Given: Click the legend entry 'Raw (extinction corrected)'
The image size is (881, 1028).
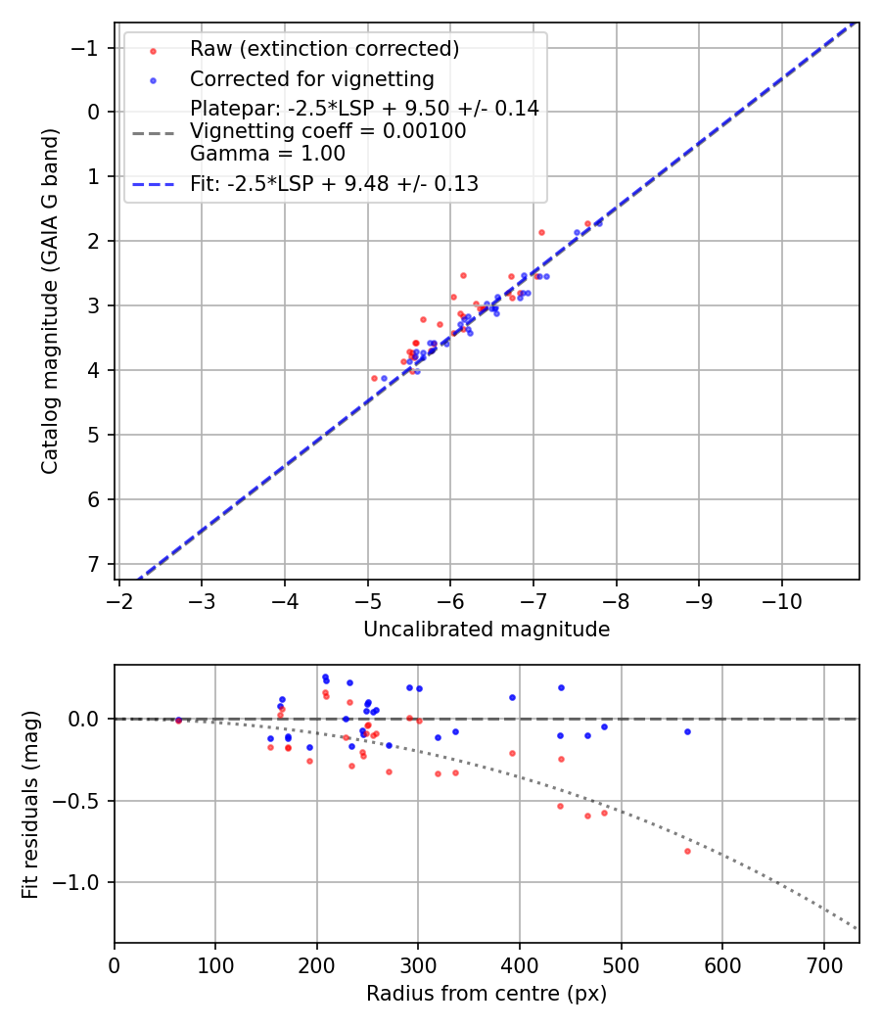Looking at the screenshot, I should coord(324,49).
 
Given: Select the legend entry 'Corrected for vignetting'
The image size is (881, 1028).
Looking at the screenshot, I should coord(311,78).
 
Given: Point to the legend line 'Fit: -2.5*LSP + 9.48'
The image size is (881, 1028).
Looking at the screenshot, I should coord(334,184).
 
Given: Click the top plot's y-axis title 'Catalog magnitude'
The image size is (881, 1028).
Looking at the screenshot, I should coord(50,301).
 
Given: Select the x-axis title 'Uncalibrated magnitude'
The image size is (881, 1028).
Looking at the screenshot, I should coord(487,630).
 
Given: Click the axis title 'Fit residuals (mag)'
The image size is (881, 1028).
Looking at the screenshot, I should coord(30,804).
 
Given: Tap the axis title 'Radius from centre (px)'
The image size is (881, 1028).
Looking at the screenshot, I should coord(487,994).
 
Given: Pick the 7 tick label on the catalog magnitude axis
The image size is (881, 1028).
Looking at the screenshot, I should coord(95,564).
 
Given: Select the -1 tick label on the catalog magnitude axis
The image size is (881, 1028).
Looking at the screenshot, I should coord(89,48).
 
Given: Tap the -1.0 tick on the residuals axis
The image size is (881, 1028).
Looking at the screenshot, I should coord(82,882).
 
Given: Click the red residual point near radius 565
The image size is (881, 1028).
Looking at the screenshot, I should coord(687,851).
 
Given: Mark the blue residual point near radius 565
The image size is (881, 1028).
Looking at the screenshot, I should coord(687,731).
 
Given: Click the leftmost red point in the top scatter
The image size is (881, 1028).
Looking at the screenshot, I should coord(374,378).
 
